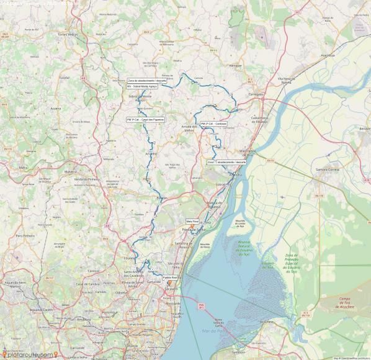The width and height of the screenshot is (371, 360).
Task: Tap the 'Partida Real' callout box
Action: tap(170, 277)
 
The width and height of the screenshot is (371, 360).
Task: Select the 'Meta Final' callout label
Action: tap(192, 221)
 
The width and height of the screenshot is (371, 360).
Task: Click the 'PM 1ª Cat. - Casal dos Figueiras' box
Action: tap(146, 119)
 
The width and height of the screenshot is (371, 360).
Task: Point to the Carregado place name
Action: tap(256, 94)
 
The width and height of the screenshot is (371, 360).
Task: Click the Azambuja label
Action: tap(328, 55)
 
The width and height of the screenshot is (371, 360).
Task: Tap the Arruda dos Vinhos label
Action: tap(189, 128)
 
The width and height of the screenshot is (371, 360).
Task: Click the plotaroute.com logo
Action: tap(29, 354)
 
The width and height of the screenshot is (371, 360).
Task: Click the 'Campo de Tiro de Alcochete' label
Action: tap(338, 302)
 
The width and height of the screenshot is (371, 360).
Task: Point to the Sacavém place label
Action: tap(171, 289)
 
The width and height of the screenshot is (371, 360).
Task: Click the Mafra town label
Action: tap(24, 167)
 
